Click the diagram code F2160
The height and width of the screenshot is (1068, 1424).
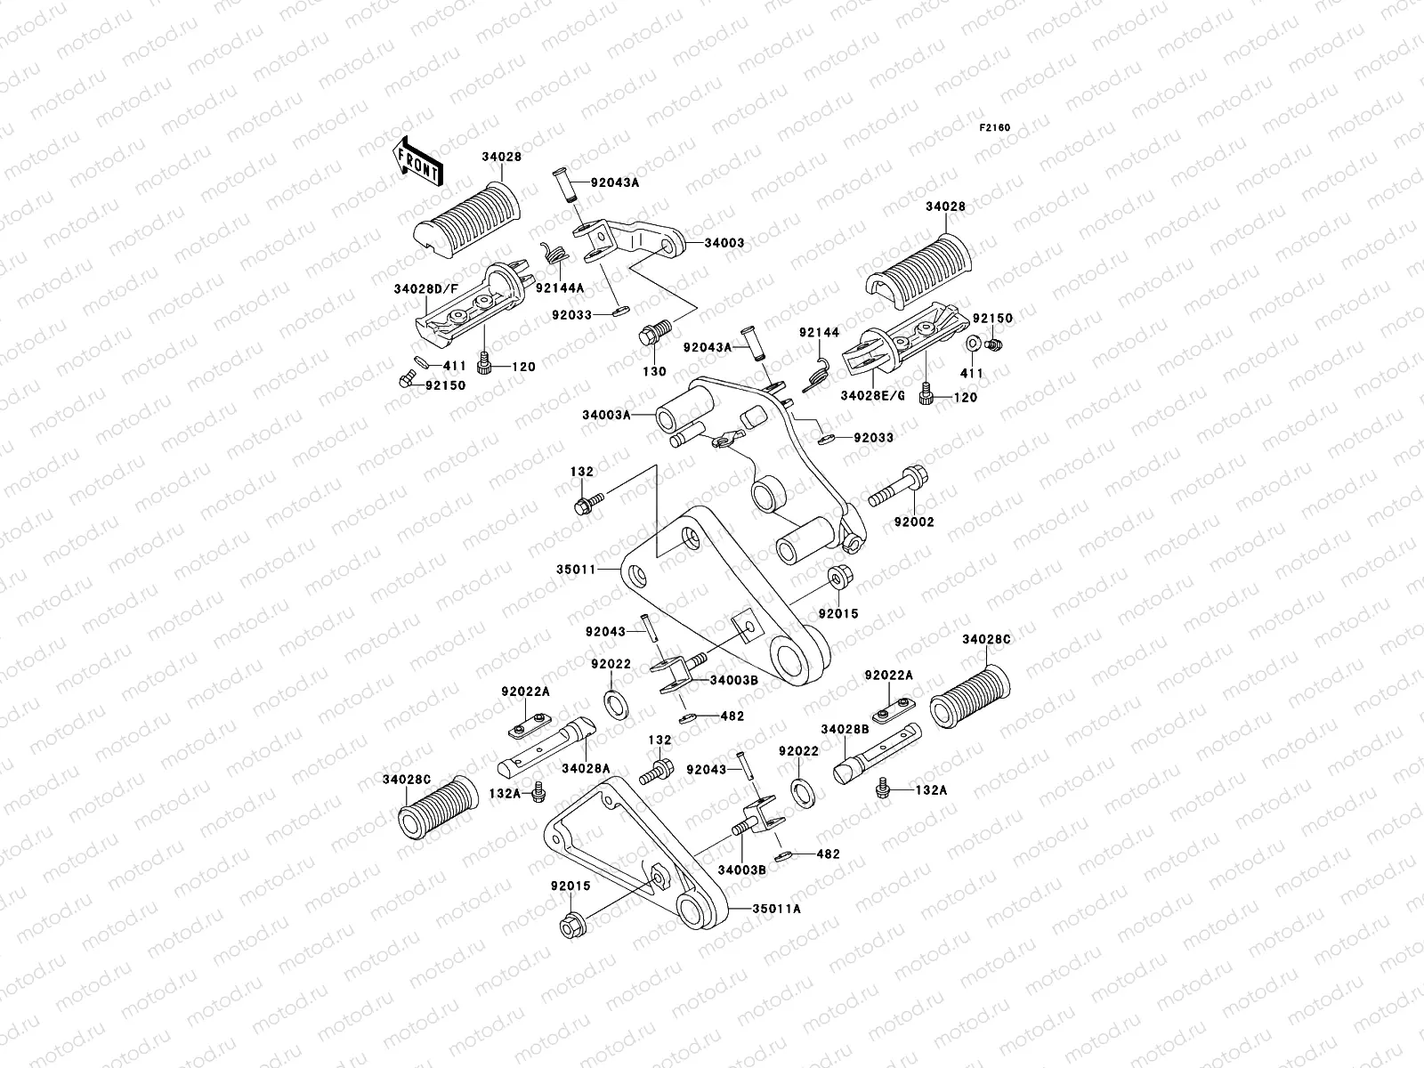pos(995,128)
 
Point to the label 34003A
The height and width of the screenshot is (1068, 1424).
pos(607,415)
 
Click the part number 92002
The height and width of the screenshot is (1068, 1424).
pos(914,522)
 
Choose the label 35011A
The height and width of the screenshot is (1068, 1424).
pos(776,910)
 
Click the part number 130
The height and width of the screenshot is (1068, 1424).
pos(654,371)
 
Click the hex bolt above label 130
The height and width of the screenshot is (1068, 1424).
pos(651,336)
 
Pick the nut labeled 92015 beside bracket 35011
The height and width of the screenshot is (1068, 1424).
pos(839,577)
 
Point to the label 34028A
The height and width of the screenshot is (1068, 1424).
pos(585,768)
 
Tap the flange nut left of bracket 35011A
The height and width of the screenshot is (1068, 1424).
pos(570,927)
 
